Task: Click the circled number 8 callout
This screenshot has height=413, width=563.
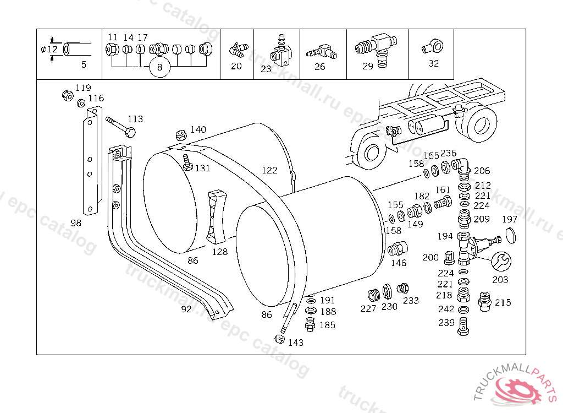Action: (159, 67)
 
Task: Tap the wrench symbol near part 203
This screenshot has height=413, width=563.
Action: (501, 261)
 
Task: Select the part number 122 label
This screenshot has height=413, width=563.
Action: (269, 170)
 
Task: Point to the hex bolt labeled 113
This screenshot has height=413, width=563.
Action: (120, 126)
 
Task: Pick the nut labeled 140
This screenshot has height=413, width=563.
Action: (181, 135)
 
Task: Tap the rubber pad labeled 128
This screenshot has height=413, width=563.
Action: (217, 216)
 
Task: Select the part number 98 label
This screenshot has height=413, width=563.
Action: (76, 223)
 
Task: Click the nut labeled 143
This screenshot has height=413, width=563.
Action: (279, 339)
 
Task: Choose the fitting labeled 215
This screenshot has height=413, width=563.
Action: (485, 301)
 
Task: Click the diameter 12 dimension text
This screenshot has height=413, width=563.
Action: (49, 49)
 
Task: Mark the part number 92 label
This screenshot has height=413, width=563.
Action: (186, 309)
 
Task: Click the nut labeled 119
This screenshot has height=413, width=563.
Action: (68, 95)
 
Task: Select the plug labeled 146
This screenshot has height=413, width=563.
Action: (398, 248)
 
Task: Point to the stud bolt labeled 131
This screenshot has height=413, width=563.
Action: (187, 162)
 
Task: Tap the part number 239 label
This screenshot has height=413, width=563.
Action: (446, 323)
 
